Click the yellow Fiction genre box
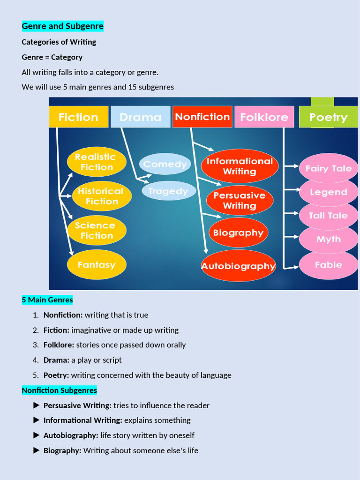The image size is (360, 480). click(78, 117)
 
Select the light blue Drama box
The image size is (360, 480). click(140, 117)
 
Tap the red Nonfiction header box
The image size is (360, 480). click(202, 117)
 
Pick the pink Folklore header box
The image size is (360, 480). click(264, 117)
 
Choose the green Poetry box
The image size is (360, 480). click(328, 117)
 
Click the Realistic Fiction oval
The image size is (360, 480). click(97, 162)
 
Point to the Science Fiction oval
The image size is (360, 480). click(97, 231)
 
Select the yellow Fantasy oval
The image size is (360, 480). click(97, 265)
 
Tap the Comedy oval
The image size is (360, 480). click(165, 164)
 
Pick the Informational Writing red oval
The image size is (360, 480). click(240, 166)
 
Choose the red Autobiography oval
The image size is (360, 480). click(239, 266)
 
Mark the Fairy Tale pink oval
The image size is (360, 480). click(328, 168)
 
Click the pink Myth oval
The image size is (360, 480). click(328, 239)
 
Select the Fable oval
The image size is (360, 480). click(328, 265)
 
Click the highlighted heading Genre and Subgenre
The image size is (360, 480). click(62, 26)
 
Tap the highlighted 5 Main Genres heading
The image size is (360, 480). click(47, 300)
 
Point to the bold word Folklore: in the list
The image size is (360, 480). click(59, 345)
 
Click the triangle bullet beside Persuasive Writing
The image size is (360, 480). click(37, 405)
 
